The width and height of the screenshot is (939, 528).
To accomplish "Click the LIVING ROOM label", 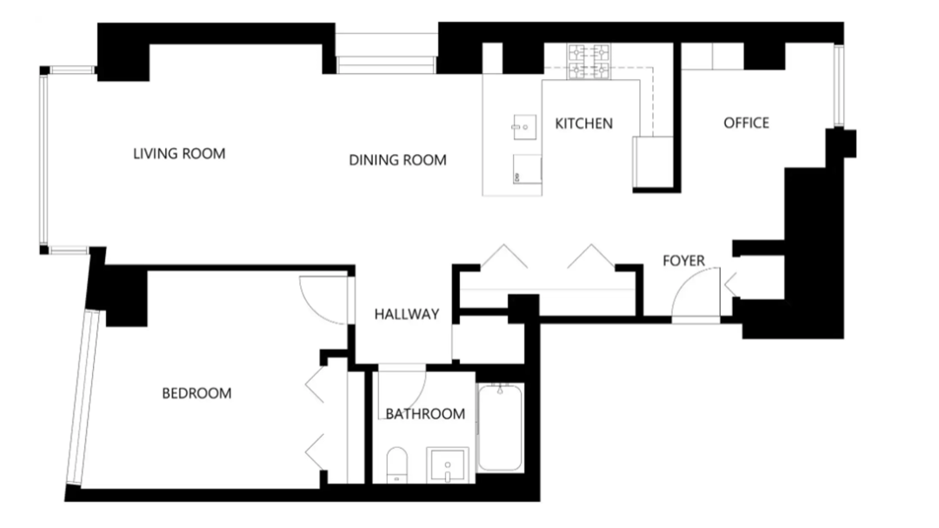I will pos(179,154).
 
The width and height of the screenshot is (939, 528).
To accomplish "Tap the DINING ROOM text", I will pos(397,160).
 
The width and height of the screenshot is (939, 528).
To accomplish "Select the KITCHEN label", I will pos(583,124).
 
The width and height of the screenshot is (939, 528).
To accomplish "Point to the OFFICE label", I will pos(746,123).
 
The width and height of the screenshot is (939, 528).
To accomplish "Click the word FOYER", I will pos(683,260).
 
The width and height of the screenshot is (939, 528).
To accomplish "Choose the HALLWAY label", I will pos(406,314).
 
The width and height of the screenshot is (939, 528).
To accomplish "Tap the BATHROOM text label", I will pos(425,414).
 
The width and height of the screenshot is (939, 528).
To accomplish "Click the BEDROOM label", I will pos(196,393).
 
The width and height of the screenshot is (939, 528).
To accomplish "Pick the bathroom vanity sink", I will pos(448,464).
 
